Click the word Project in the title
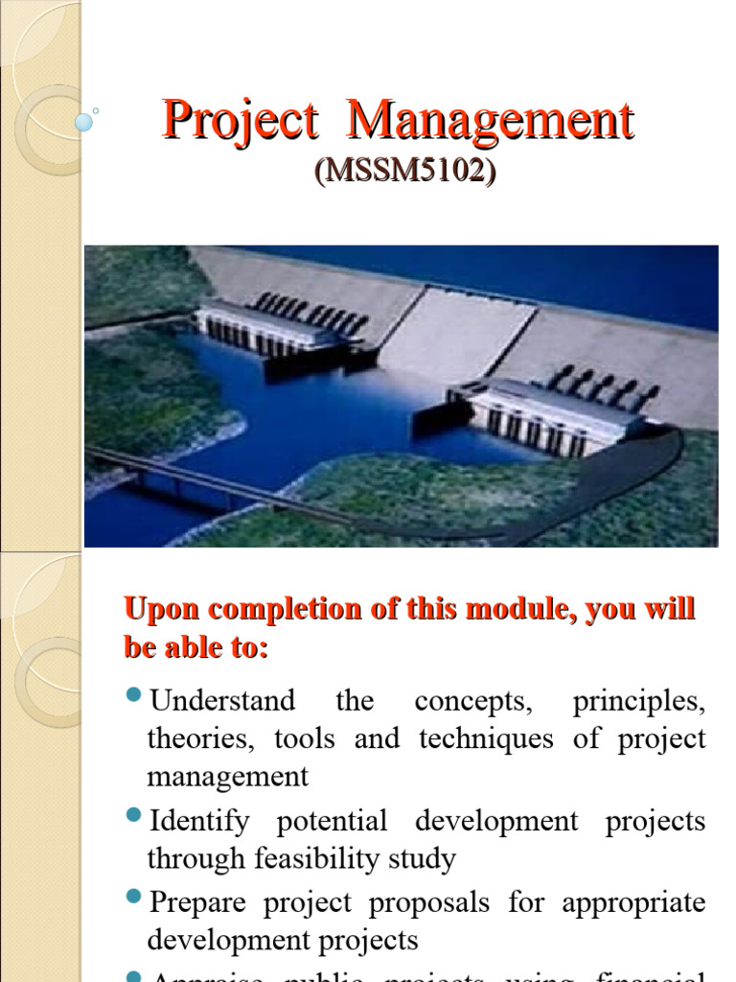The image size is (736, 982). coord(240,123)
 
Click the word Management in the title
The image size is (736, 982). coord(490,123)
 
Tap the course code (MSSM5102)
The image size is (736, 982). coord(405,172)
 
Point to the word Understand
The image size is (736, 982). coord(222,700)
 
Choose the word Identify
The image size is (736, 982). coord(199,821)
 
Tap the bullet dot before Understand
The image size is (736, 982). coord(133,694)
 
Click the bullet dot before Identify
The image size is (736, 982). coord(133,815)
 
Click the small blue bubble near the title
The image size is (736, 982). coord(84,122)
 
